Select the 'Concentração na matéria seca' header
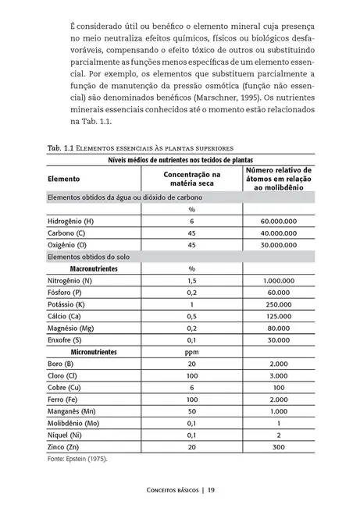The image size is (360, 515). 191,179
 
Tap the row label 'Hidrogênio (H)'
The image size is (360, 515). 71,222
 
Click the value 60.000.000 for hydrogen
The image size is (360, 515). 278,222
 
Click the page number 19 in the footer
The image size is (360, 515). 212,491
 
